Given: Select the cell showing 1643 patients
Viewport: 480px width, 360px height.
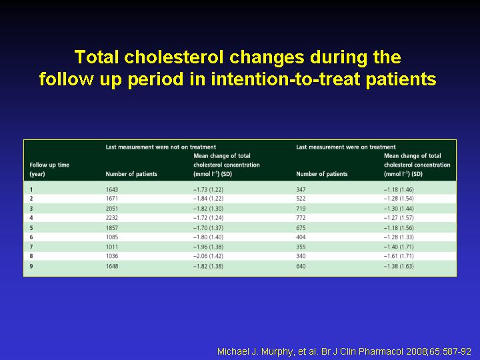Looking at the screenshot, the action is tap(112, 189).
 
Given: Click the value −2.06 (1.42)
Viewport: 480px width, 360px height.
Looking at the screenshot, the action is tap(208, 256).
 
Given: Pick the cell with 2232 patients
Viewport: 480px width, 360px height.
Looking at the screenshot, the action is tap(112, 217).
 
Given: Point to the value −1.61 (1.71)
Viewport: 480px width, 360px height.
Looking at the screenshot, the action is tap(399, 256).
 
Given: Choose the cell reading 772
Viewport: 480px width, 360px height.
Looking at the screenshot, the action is tap(301, 217).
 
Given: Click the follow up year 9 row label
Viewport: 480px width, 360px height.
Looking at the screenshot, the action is tap(31, 266).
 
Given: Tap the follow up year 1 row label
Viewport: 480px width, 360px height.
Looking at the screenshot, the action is tap(31, 189).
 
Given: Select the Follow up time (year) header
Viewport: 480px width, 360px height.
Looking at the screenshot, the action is tap(49, 169).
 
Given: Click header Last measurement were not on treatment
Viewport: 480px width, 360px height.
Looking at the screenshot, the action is tap(161, 147).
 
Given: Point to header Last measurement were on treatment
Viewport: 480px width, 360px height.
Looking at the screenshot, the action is tap(346, 147).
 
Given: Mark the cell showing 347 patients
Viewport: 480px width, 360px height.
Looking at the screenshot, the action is tap(301, 189).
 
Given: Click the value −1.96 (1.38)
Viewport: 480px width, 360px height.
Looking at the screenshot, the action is tap(208, 247).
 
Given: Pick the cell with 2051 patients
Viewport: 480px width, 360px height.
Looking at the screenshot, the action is tap(112, 209).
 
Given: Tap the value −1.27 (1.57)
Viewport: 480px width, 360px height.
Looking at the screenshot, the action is tap(399, 217).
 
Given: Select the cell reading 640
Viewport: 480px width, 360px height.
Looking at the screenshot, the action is tap(301, 266).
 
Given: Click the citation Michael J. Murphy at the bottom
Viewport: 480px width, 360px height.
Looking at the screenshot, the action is tap(345, 351).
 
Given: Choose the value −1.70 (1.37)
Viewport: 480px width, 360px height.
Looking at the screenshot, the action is tap(208, 228).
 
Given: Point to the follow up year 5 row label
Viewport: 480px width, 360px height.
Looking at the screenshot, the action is tap(31, 228).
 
